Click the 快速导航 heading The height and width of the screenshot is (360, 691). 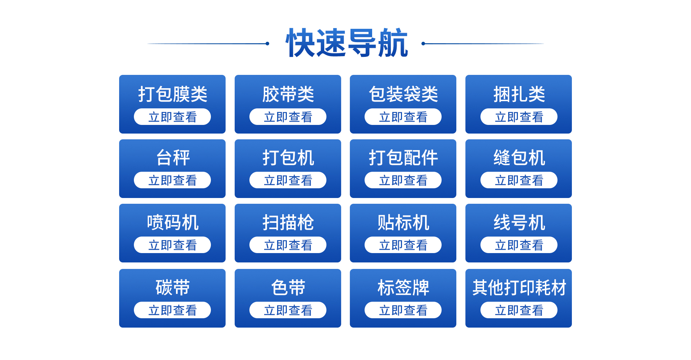click(347, 43)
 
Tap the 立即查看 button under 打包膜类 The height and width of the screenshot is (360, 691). click(172, 117)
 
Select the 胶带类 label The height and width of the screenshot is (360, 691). click(288, 94)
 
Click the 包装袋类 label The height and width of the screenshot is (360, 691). click(403, 94)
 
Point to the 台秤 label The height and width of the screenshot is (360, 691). click(173, 158)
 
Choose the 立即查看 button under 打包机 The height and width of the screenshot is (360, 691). click(288, 180)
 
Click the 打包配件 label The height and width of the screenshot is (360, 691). click(403, 158)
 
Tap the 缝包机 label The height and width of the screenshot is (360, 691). click(519, 158)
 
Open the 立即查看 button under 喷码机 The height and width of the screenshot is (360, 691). click(172, 245)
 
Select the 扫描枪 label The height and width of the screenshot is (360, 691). click(288, 222)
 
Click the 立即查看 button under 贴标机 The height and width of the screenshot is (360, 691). click(403, 245)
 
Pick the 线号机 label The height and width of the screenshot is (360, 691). click(519, 222)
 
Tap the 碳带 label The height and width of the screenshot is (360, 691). click(173, 288)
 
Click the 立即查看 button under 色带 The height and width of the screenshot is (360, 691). click(288, 310)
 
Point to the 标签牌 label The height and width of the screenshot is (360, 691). click(403, 288)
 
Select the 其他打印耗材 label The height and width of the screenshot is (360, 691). click(519, 288)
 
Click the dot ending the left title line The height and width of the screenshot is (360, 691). click(267, 44)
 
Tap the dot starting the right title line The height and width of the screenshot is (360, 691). click(423, 44)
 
